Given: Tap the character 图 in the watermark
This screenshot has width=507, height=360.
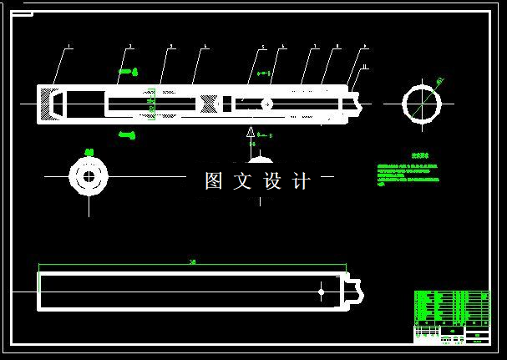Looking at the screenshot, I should (x=215, y=181).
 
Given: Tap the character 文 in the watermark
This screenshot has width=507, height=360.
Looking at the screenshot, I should (x=243, y=181).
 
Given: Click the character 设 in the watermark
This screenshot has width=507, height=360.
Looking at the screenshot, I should (x=273, y=181).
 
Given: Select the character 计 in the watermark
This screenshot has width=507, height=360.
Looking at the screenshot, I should (x=302, y=181).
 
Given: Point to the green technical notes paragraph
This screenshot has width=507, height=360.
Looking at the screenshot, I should (x=408, y=173).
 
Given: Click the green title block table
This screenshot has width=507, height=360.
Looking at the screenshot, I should (x=452, y=316).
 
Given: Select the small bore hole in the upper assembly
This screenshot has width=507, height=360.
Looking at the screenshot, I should (x=266, y=104).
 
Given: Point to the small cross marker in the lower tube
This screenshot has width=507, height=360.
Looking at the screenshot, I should (x=322, y=291).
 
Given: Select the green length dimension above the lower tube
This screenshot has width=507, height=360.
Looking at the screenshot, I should (x=192, y=265).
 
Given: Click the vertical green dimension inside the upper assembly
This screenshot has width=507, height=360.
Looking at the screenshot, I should (x=151, y=103).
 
